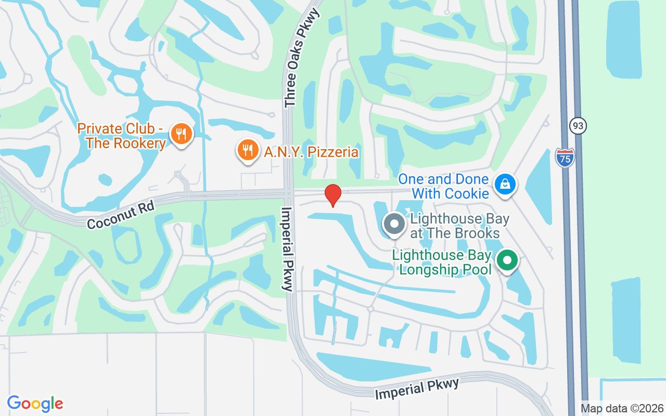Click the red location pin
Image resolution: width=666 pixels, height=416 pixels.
(333, 195)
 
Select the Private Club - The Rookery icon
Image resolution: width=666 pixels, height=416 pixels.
(181, 134)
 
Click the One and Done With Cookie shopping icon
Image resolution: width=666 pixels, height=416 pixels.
(505, 184)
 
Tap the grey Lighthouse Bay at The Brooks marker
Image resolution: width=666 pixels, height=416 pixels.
(394, 224)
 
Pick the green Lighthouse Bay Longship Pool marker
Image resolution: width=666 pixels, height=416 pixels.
(507, 259)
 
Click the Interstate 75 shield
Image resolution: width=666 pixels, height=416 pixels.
(565, 157)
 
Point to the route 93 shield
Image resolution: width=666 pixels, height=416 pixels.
(578, 125)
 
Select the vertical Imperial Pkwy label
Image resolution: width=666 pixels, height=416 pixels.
(287, 249)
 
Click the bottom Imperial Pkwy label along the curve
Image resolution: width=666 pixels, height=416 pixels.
(417, 389)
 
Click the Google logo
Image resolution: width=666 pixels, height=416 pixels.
(35, 403)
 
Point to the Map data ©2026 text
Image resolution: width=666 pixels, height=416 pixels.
(622, 408)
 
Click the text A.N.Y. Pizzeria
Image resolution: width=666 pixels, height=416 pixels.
(311, 152)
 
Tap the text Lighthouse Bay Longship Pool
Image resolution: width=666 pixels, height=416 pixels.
(443, 262)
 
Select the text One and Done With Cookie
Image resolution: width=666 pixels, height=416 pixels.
(443, 186)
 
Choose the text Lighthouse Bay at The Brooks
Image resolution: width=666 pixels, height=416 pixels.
(456, 226)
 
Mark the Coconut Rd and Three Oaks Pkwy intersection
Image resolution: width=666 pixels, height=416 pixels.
(288, 193)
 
